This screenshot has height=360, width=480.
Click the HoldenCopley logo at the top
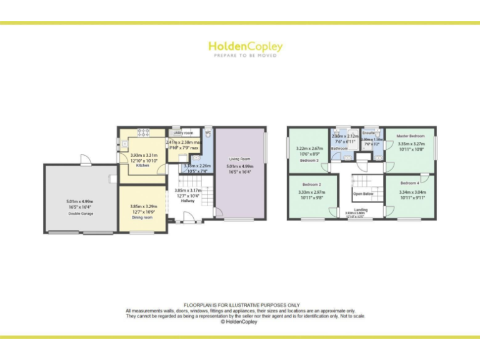(x=245, y=46)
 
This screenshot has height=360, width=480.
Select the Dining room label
(x=141, y=217)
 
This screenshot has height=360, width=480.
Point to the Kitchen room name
(x=142, y=166)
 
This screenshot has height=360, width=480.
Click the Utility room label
(x=184, y=133)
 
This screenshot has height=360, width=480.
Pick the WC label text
(x=207, y=133)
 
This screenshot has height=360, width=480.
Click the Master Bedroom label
(x=411, y=136)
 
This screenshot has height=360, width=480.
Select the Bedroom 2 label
(x=311, y=184)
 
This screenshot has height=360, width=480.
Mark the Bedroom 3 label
(x=309, y=161)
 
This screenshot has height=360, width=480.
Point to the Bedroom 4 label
(x=410, y=182)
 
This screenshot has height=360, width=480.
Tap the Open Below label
(x=363, y=194)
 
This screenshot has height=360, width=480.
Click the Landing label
(x=361, y=209)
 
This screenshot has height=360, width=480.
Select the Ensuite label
(x=368, y=133)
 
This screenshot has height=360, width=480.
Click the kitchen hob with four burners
(x=142, y=132)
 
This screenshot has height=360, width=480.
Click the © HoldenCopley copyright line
(x=239, y=322)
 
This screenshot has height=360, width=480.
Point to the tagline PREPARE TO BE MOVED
(x=245, y=56)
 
